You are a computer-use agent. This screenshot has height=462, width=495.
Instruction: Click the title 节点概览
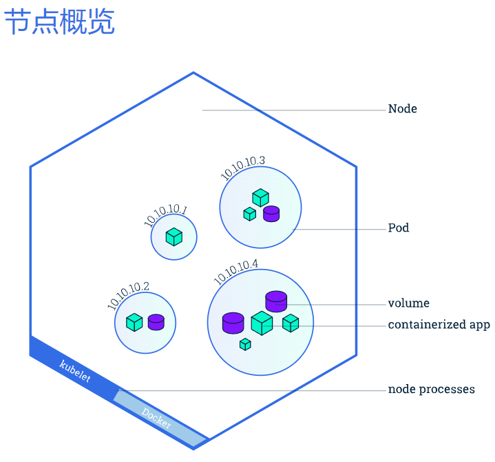tap(59, 22)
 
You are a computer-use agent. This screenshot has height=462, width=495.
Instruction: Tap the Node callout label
tap(402, 109)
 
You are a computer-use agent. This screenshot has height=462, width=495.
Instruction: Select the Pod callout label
tap(398, 228)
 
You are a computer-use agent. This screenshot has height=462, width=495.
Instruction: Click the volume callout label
tap(408, 303)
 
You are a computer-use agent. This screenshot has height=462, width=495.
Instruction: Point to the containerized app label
tap(439, 325)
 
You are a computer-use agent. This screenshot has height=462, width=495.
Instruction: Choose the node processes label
tap(431, 390)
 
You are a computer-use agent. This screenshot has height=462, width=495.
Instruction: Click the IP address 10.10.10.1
tap(165, 215)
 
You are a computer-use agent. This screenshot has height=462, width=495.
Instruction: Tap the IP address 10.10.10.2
tap(128, 295)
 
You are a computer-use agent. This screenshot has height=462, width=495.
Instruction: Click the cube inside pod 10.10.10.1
tap(174, 237)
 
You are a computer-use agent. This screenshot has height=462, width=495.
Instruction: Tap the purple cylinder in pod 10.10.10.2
tap(156, 322)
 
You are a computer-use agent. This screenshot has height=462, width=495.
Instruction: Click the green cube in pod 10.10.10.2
tap(134, 322)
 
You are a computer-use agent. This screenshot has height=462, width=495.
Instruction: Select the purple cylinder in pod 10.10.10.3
tap(271, 213)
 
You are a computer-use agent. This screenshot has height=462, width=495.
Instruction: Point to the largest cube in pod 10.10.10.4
tap(262, 323)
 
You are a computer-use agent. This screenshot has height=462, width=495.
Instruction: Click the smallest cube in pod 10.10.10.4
tap(245, 344)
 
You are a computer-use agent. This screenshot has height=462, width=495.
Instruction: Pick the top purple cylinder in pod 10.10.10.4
tap(276, 301)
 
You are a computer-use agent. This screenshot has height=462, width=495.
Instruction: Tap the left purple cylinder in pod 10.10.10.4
tap(233, 322)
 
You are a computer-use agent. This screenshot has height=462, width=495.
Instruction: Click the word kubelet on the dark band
tap(75, 371)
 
